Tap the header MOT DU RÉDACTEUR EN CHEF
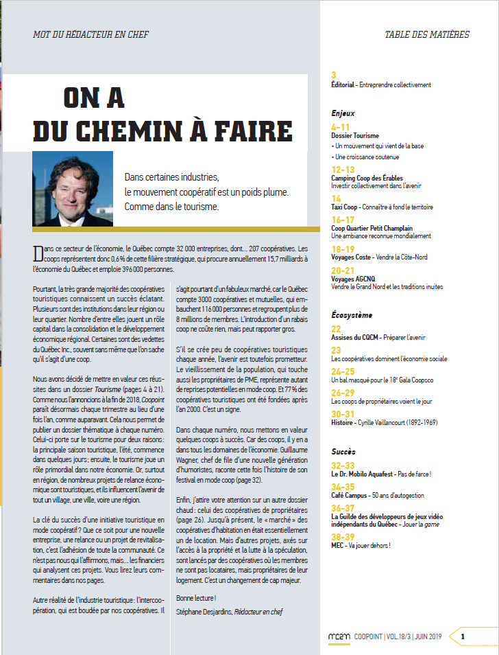coord(90,34)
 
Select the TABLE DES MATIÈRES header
coord(427,34)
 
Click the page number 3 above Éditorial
coord(334,75)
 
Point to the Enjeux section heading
coord(343,113)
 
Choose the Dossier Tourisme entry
coord(355,136)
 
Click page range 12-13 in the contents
coord(343,169)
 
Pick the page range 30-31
coord(343,414)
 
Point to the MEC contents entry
coord(338,546)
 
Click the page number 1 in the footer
coord(463,636)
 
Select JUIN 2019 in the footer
coord(429,637)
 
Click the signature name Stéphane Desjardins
coord(204,611)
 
